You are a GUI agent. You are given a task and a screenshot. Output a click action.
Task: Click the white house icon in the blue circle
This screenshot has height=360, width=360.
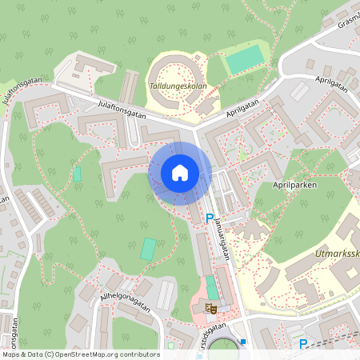[x=180, y=172]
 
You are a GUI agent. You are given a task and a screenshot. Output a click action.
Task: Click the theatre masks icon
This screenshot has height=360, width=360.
[x=211, y=307]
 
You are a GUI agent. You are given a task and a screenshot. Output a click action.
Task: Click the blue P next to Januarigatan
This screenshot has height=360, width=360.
[x=210, y=218]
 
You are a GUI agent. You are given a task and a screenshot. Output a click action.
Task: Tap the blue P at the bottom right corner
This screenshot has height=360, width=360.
[x=303, y=344]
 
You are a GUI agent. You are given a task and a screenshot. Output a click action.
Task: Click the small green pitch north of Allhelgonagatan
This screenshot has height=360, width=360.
[x=148, y=249]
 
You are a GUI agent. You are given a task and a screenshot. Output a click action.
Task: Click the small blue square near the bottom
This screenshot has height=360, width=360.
[x=242, y=342]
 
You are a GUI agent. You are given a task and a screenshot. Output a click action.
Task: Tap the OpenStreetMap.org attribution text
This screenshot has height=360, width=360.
[x=80, y=354]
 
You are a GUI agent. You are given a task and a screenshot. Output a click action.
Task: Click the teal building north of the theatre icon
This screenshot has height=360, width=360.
[x=211, y=287]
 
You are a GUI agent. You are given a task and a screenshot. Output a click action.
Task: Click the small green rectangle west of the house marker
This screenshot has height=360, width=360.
[x=78, y=174]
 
